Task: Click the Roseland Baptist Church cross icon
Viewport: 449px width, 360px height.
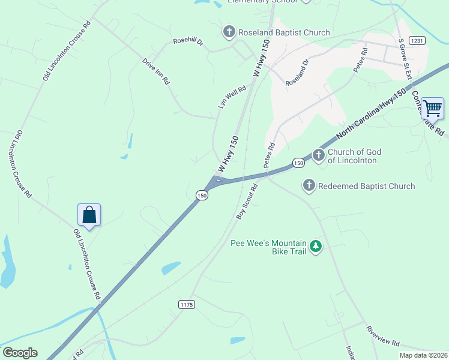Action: (x=229, y=32)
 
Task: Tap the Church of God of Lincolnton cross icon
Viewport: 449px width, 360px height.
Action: (x=318, y=155)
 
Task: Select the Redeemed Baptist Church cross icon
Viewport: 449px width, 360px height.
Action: (x=309, y=185)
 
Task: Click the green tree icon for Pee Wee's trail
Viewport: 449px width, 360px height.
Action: (x=315, y=246)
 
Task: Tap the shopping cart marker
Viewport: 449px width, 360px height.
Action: (x=432, y=109)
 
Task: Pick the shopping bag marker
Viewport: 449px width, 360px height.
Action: (x=89, y=215)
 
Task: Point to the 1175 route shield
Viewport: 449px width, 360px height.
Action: (x=187, y=305)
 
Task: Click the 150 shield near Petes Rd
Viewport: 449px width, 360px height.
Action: (x=298, y=163)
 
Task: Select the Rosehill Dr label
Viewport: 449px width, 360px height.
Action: (x=188, y=41)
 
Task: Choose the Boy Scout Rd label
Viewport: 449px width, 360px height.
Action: (x=247, y=201)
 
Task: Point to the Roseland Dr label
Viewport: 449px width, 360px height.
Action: (x=297, y=71)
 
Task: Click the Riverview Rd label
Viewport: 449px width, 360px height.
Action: (x=383, y=336)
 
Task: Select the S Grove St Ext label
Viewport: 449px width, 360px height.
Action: (x=405, y=59)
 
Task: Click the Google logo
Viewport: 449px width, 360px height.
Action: (x=20, y=353)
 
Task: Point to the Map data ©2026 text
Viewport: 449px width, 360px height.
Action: (x=424, y=355)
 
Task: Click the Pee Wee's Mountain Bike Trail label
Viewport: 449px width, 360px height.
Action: (x=269, y=247)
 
